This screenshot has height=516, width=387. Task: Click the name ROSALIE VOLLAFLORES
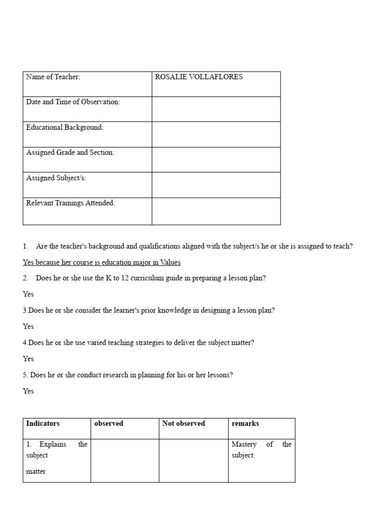199,77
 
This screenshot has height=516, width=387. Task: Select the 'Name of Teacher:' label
53,77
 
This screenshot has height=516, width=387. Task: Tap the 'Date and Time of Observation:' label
73,102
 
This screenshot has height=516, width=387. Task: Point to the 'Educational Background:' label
64,127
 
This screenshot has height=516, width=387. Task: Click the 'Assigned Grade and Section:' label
70,153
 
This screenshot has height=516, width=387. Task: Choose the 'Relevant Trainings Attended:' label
71,203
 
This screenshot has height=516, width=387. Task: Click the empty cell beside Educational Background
216,134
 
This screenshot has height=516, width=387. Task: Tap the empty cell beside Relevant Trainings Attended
216,211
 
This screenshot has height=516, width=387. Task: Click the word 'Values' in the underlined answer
170,263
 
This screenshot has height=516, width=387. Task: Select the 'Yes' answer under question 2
28,294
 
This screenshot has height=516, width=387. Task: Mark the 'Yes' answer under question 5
28,391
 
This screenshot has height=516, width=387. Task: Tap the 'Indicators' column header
43,424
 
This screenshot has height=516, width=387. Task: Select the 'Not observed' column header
183,424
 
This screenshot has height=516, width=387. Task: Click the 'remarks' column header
245,424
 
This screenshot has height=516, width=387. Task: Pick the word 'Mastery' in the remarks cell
244,444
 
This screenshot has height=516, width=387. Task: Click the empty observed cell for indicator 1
124,460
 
